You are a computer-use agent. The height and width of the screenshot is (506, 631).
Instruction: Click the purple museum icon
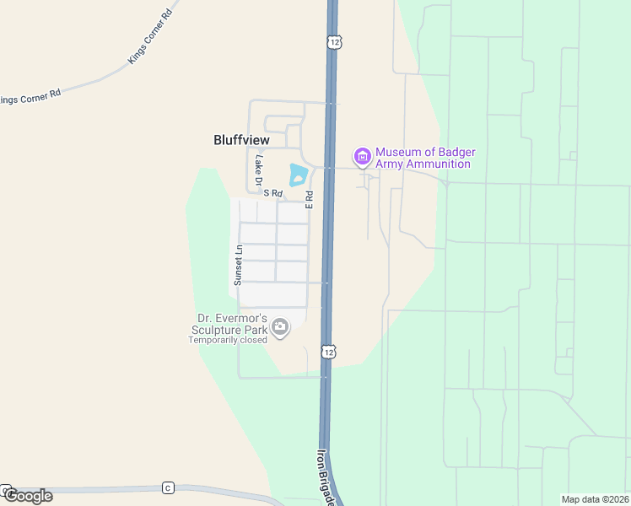(x=363, y=156)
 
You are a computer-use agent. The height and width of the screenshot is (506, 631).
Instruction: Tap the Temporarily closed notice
(x=228, y=340)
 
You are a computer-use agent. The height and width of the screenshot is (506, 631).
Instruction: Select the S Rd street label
(x=271, y=193)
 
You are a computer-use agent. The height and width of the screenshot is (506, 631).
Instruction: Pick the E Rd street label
(x=310, y=200)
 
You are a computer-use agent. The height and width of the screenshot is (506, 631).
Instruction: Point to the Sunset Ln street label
(x=239, y=265)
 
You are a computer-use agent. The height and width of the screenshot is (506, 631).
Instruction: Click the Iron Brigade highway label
(x=326, y=476)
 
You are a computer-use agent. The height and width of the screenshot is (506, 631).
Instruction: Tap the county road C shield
(x=168, y=487)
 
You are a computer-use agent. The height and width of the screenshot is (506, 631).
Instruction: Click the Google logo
(x=28, y=496)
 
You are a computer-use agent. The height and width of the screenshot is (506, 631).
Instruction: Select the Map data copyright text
(x=595, y=499)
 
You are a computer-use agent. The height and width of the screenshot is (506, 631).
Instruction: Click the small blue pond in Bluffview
(x=298, y=175)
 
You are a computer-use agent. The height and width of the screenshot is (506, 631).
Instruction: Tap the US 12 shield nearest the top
(x=335, y=41)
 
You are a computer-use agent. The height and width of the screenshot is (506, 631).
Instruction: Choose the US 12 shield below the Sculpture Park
(x=326, y=350)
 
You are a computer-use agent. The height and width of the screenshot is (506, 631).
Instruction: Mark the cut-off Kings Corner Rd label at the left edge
(x=31, y=97)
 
